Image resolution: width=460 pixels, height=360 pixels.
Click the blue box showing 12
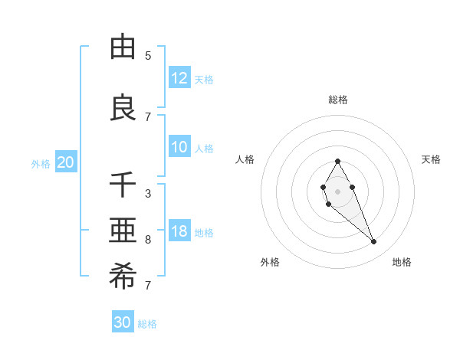click(179, 78)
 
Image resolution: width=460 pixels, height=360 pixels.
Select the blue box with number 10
click(179, 147)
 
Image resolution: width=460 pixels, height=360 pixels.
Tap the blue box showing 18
click(179, 231)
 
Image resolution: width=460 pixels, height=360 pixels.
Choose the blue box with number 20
click(66, 162)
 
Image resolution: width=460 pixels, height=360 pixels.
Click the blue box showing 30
click(123, 322)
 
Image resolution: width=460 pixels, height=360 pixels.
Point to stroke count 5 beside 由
click(148, 56)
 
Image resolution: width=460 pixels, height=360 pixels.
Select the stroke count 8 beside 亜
click(148, 240)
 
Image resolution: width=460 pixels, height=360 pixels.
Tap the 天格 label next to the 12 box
click(204, 79)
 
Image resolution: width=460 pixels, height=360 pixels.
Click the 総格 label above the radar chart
click(337, 100)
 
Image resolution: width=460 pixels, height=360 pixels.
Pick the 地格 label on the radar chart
click(402, 262)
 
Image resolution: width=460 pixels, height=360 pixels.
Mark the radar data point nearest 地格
click(373, 242)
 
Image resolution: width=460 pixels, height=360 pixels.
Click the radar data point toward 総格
click(337, 161)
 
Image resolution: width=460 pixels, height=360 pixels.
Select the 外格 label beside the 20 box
click(41, 163)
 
